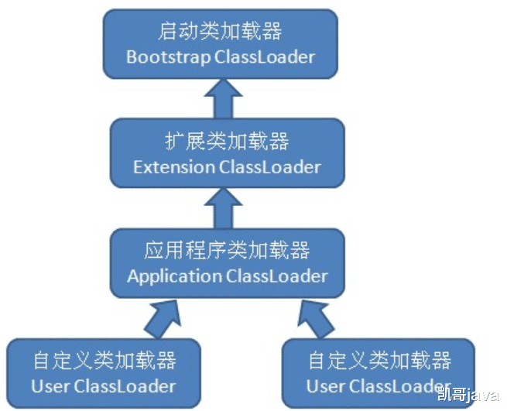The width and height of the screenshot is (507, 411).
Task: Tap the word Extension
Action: [x=174, y=166]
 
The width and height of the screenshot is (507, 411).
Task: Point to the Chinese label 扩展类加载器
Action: [x=227, y=142]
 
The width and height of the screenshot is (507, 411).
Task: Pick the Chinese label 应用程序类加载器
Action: [x=227, y=251]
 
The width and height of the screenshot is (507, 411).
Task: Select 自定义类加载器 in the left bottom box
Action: [x=104, y=361]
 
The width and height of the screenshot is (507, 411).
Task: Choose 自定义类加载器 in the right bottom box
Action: [x=379, y=361]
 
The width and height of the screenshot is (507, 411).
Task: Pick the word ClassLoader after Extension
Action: [x=270, y=166]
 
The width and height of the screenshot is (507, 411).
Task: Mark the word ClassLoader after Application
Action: [x=277, y=276]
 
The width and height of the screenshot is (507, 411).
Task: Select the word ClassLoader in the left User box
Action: [x=124, y=385]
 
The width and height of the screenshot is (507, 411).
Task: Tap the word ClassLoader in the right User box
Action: [x=399, y=385]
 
